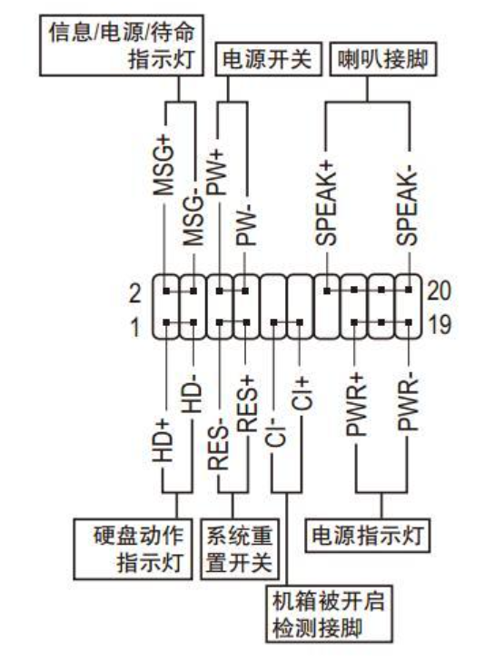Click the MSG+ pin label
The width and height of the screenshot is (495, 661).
pos(163,165)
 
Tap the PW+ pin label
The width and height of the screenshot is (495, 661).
pos(218,173)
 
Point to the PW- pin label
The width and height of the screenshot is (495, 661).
pos(246,225)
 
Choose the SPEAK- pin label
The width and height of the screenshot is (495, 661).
pos(407,208)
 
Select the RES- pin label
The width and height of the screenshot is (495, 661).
pos(218,447)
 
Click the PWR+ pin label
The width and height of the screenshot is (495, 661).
pos(356,404)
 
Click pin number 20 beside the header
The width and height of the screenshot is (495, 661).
pos(440,291)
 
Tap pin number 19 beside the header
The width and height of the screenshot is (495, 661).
pos(440,324)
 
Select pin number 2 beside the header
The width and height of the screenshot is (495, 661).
pos(134,293)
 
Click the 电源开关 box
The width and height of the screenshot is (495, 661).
pos(268,59)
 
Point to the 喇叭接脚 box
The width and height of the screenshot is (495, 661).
pos(383,59)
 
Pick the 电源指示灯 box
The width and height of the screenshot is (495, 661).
pos(368,536)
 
